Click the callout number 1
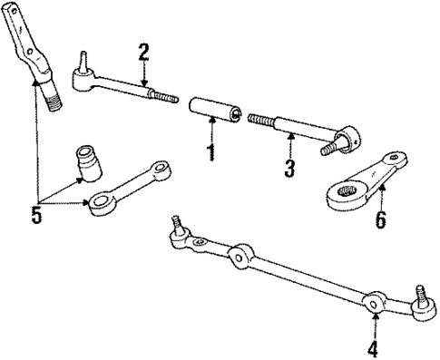click(210, 151)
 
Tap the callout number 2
click(142, 51)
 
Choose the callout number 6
click(382, 219)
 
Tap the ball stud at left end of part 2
click(80, 64)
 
